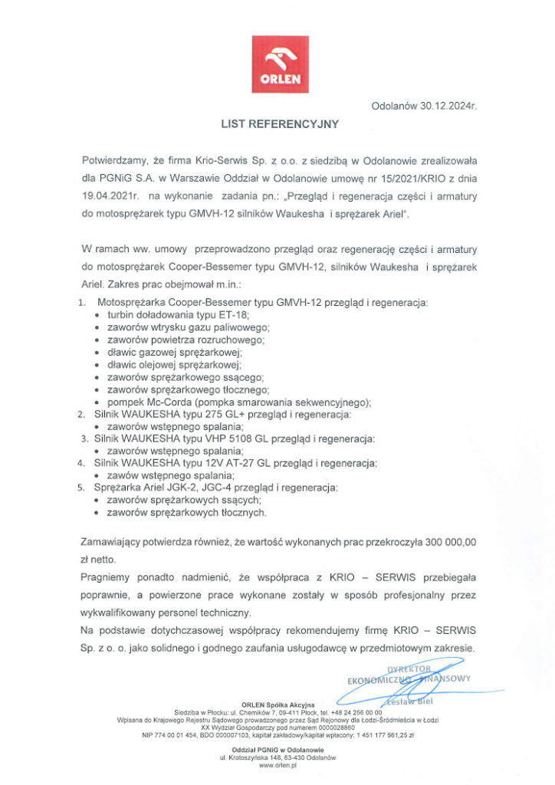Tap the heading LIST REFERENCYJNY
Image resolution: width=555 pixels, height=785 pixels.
(279, 123)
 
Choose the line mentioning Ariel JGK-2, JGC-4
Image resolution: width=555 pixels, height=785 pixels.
(215, 488)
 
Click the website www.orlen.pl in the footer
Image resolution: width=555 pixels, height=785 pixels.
(277, 765)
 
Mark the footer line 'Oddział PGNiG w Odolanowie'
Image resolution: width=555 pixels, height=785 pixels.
(277, 749)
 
